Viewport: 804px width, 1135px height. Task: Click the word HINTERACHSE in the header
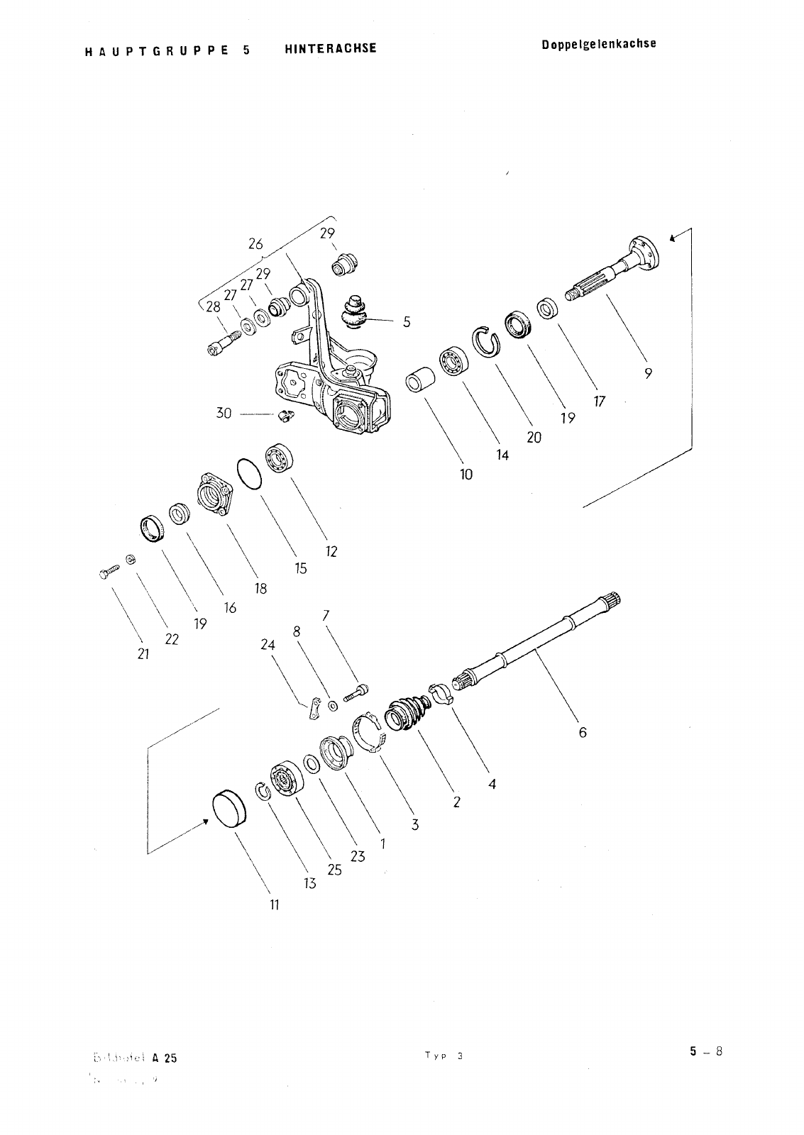coord(330,48)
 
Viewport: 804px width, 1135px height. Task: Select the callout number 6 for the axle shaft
coord(583,732)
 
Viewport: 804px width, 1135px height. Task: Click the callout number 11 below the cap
coord(274,904)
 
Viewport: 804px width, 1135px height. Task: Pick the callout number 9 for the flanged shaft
coord(649,374)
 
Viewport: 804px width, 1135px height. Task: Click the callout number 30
coord(224,412)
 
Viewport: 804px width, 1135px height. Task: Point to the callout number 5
coord(407,321)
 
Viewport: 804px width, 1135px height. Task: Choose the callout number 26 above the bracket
coord(255,243)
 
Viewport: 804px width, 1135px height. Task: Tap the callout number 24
coord(268,645)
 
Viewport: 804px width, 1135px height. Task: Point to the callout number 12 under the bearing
coord(331,551)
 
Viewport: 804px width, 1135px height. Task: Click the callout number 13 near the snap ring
coord(310,884)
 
